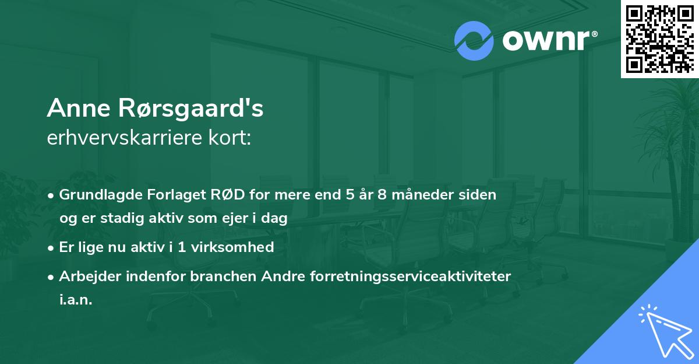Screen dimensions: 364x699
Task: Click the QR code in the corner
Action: click(659, 39)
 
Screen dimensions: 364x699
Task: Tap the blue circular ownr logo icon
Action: click(474, 41)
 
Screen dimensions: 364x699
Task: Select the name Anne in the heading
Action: click(75, 108)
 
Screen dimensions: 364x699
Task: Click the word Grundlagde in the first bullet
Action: click(95, 195)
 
